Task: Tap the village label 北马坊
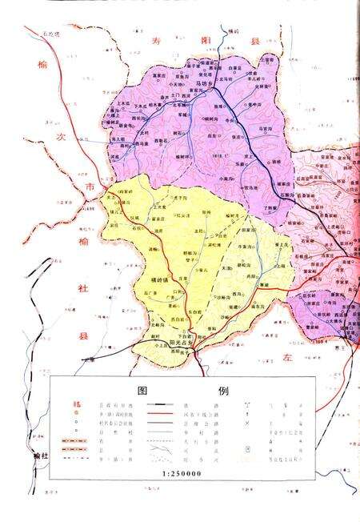(179, 102)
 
